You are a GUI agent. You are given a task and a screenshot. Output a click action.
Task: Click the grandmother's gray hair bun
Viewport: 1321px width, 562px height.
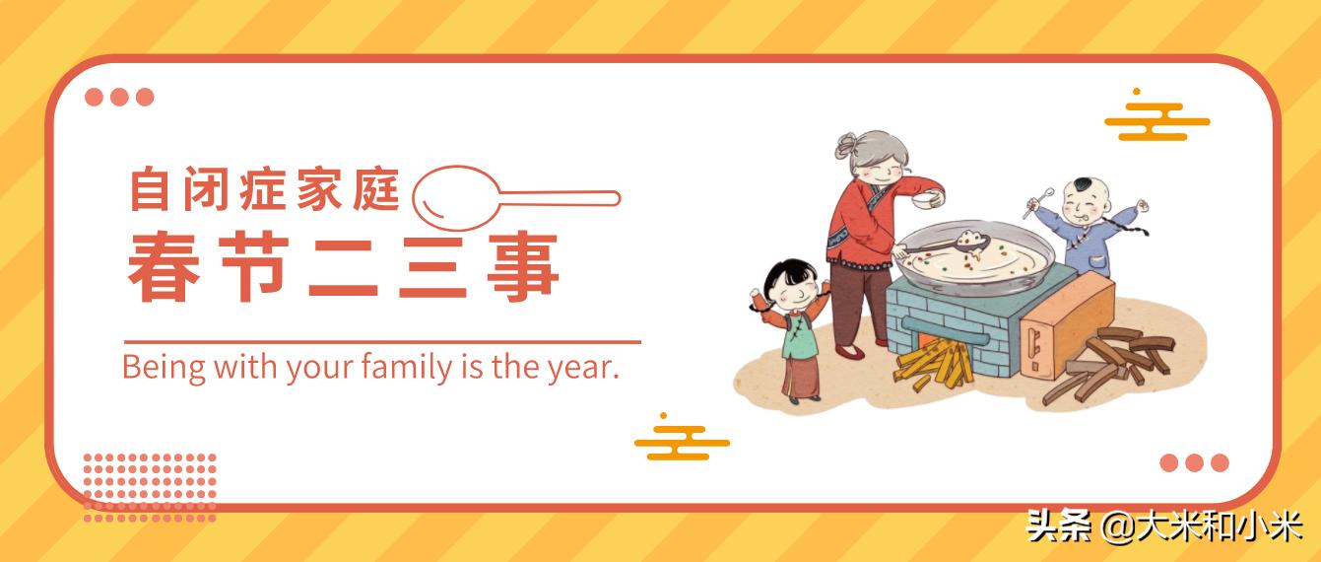(x=846, y=146)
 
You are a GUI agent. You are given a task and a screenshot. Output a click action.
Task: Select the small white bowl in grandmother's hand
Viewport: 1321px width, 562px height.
(x=922, y=201)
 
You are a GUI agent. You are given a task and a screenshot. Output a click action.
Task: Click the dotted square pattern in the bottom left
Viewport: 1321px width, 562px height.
(x=150, y=487)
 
